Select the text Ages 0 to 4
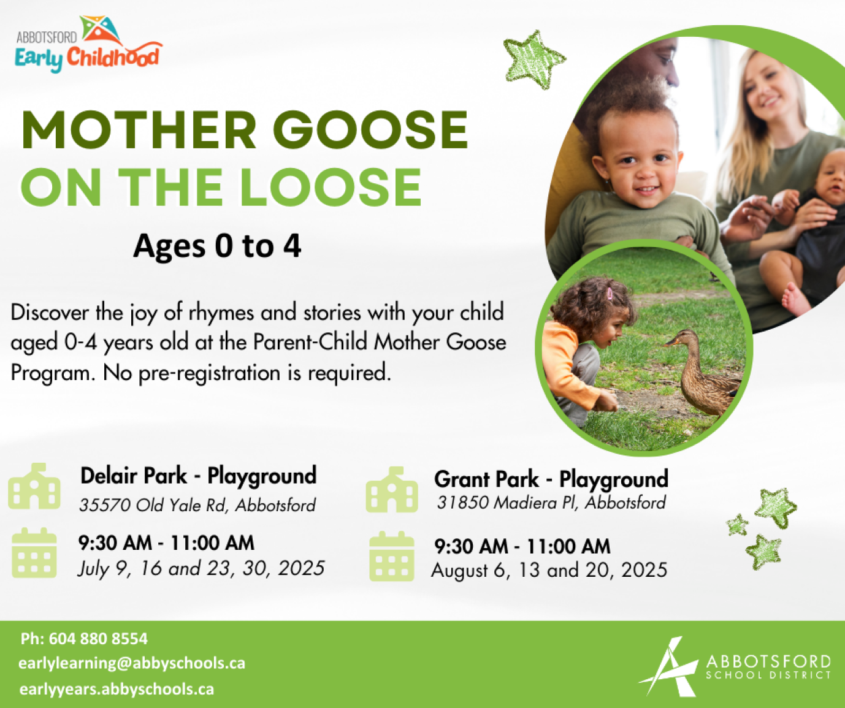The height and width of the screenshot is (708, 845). click(217, 246)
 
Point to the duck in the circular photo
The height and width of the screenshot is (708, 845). click(704, 372)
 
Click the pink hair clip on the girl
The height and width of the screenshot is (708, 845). click(609, 293)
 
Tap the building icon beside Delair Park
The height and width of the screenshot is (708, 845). click(34, 486)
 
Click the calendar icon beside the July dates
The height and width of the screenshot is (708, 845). click(34, 553)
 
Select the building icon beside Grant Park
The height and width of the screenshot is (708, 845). click(392, 490)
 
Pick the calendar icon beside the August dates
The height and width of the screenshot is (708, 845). click(392, 557)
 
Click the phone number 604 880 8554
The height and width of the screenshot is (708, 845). click(98, 638)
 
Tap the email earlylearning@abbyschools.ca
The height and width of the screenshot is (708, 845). click(132, 663)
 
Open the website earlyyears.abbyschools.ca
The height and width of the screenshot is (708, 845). click(117, 689)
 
